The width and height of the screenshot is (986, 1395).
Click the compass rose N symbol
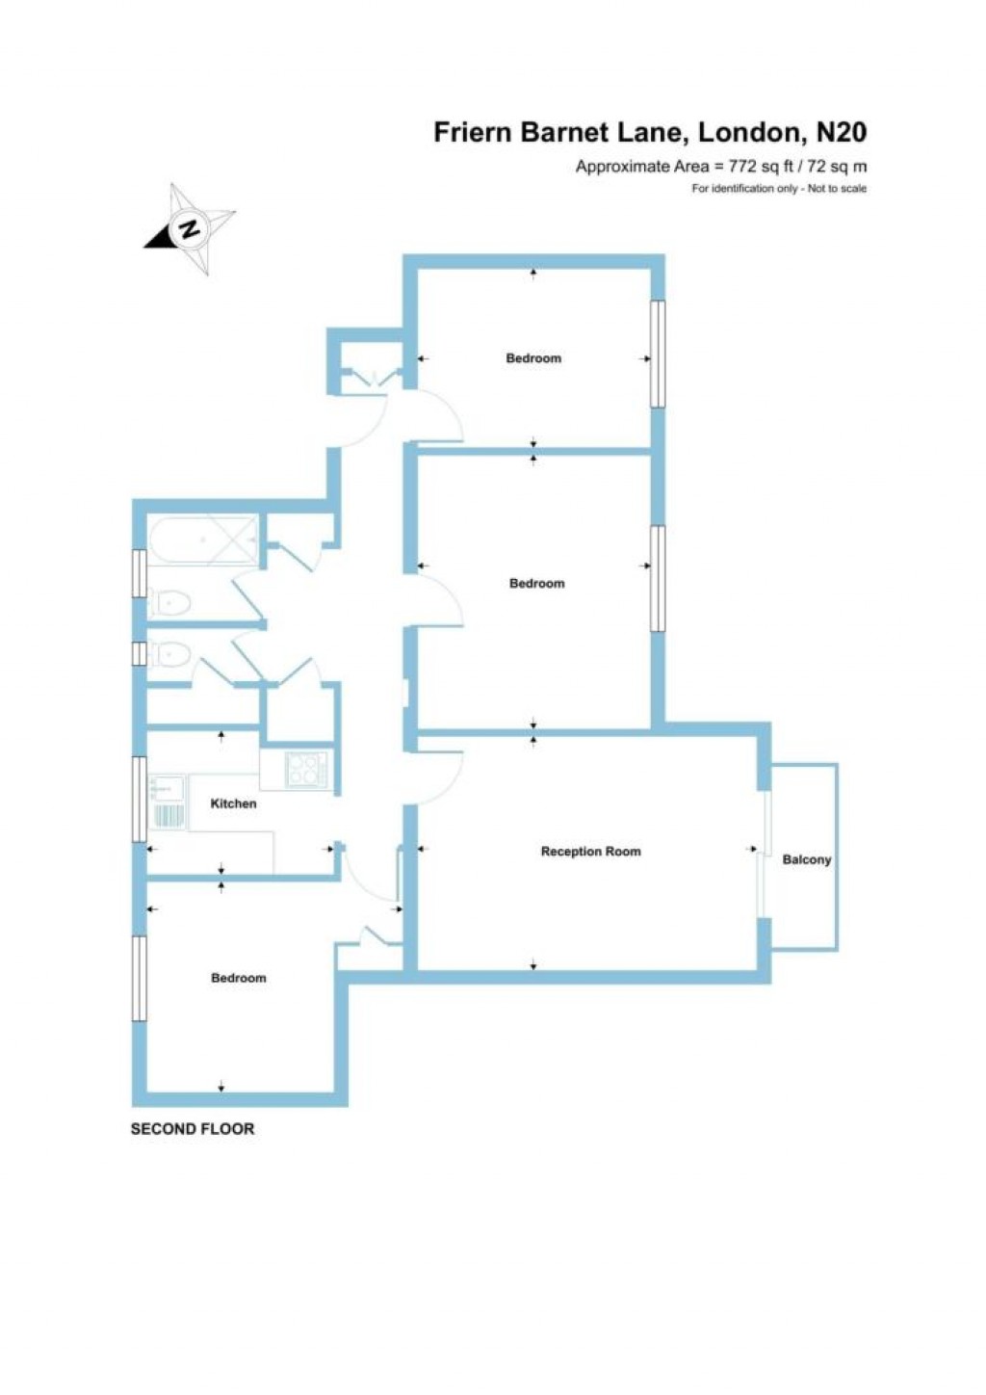[x=190, y=229]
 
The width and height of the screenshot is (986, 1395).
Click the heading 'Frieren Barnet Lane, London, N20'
[x=650, y=131]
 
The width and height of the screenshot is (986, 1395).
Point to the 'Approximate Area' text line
[x=720, y=167]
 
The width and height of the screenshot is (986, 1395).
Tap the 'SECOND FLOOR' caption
[x=193, y=1128]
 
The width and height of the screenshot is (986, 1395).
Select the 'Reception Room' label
[x=590, y=852]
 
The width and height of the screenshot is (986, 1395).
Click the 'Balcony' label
[x=806, y=859]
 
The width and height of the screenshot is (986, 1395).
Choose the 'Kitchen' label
[x=233, y=803]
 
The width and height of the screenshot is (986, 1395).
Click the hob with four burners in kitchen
[x=306, y=769]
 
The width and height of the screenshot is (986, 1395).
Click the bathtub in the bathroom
[x=203, y=540]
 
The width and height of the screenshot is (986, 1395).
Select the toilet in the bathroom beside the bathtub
[x=170, y=603]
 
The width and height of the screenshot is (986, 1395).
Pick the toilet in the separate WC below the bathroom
[x=169, y=654]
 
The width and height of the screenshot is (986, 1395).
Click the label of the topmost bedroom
[x=533, y=358]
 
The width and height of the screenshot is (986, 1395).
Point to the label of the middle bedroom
[x=536, y=583]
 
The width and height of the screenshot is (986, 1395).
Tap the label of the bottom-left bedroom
[x=238, y=978]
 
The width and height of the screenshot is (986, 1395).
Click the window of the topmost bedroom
[x=657, y=354]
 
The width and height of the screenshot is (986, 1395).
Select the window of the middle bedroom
[x=657, y=578]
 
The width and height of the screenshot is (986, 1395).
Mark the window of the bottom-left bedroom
[x=139, y=978]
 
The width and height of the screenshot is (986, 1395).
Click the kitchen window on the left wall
[x=140, y=799]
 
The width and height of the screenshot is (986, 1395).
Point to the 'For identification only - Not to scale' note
[x=778, y=189]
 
